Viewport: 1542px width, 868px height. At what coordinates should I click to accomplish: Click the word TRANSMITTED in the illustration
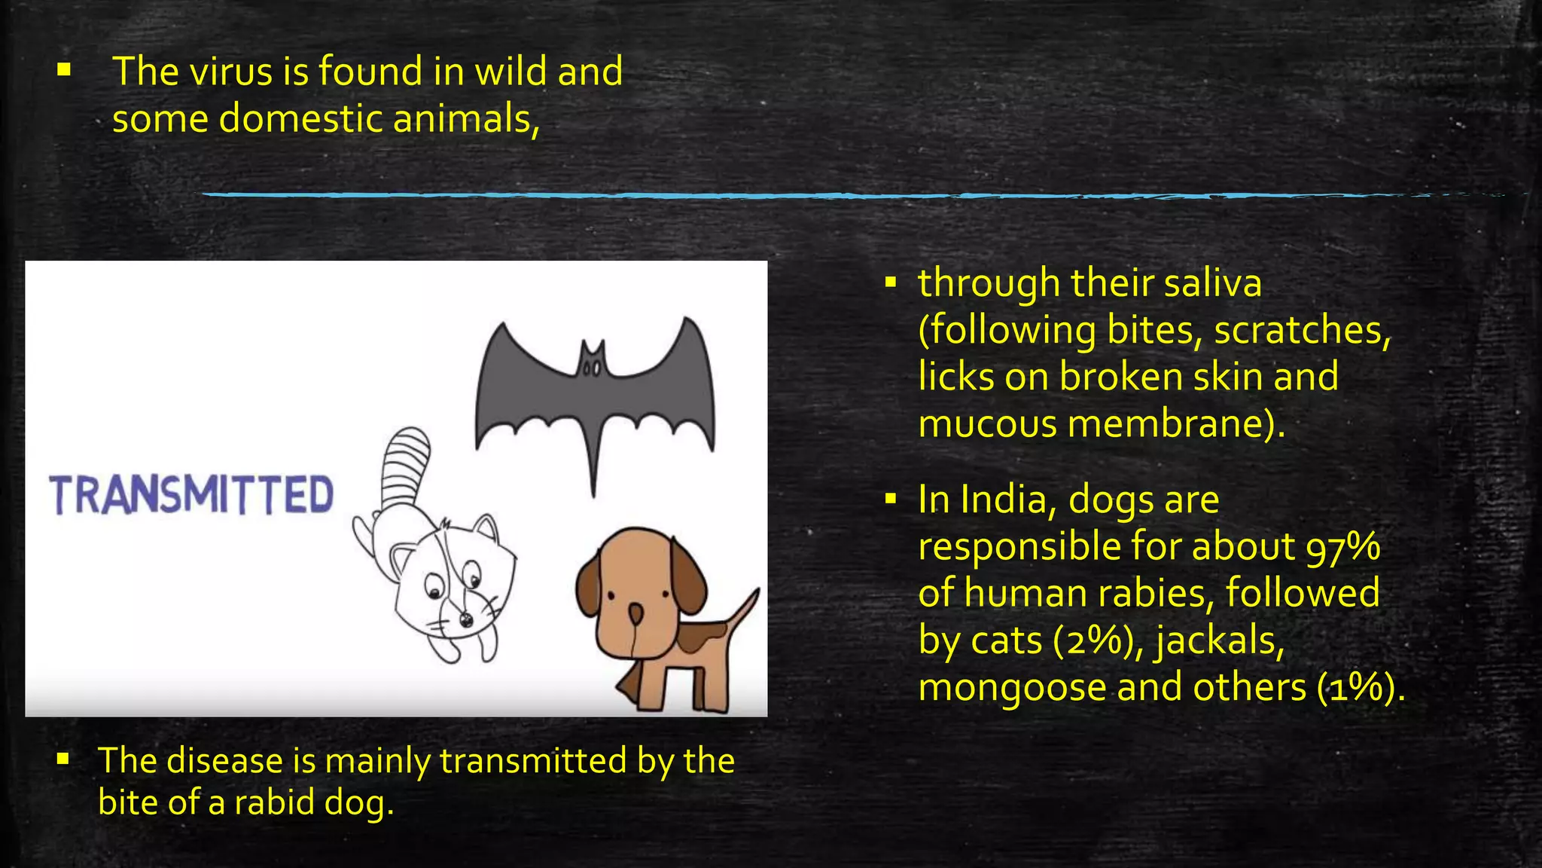(x=191, y=495)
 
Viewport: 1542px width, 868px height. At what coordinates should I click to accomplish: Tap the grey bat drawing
(x=595, y=392)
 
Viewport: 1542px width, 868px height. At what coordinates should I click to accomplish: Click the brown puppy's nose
(x=636, y=613)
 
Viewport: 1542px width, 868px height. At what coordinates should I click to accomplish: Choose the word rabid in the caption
(x=274, y=802)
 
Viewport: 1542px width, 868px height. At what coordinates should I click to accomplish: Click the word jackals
(x=1220, y=641)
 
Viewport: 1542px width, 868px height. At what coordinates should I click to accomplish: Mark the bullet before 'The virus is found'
(x=64, y=70)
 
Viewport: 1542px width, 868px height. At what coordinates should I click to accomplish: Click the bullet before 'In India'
(x=891, y=498)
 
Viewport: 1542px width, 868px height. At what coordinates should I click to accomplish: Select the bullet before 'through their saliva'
(x=891, y=283)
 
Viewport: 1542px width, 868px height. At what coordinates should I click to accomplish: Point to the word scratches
(x=1302, y=331)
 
